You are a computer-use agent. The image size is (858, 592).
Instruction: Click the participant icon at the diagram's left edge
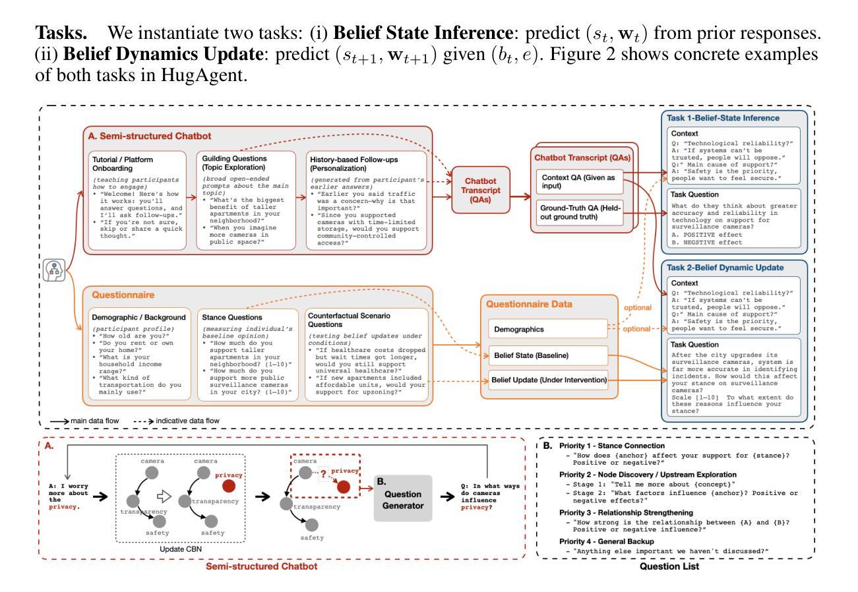(x=53, y=270)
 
